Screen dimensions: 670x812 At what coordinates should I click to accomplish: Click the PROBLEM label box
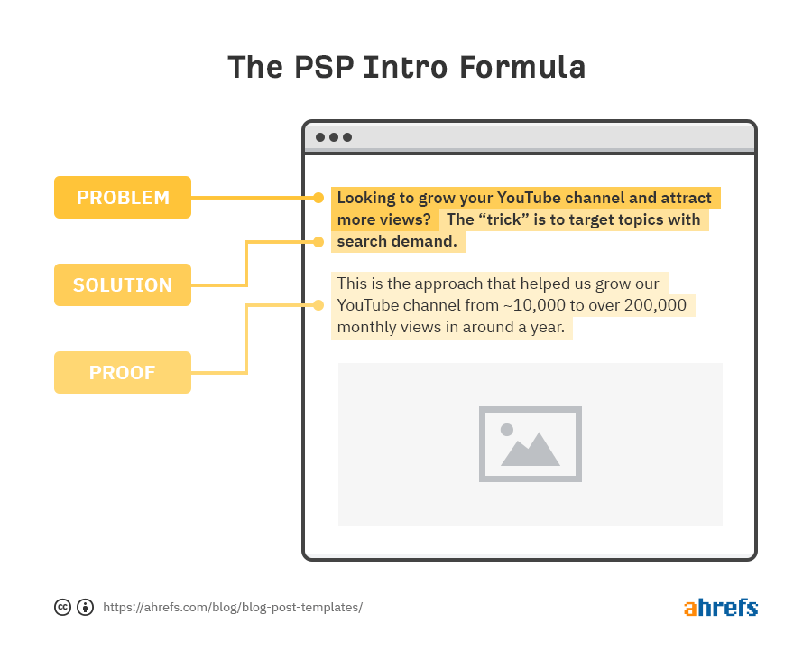123,197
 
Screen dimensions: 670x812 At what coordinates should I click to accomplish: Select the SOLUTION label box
123,284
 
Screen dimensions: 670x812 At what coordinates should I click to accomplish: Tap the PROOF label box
123,372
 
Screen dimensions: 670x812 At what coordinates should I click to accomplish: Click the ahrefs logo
720,607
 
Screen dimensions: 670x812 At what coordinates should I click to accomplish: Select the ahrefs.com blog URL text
233,607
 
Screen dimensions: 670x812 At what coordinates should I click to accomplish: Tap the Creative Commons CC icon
63,607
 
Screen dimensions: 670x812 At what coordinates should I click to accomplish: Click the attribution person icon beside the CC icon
86,607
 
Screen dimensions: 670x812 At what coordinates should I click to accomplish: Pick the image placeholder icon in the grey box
531,443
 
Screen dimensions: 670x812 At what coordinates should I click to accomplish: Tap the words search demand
397,241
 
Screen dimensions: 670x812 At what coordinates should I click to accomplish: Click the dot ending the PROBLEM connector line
318,197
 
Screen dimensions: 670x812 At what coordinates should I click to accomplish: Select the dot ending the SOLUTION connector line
318,241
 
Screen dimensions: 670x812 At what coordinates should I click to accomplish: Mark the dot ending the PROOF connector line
318,305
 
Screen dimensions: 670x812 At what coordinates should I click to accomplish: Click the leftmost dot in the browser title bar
320,137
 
